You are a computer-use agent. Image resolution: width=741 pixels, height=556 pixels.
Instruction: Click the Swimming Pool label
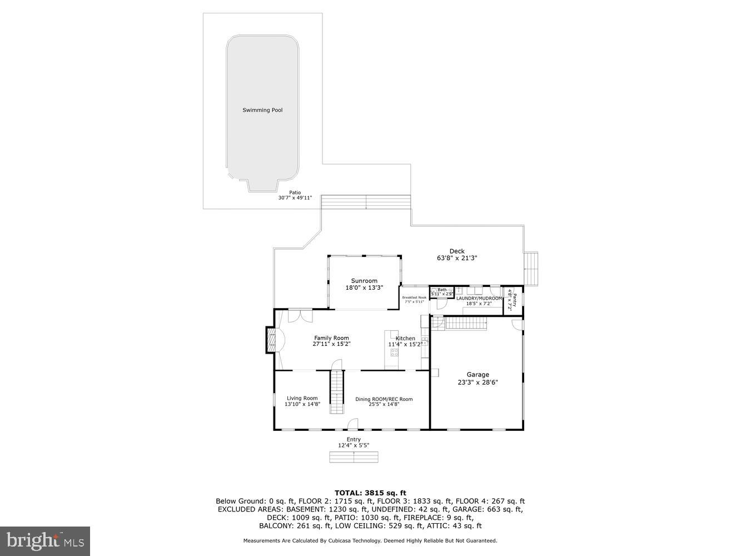coord(262,110)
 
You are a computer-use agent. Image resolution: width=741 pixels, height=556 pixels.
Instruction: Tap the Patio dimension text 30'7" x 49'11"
coord(295,198)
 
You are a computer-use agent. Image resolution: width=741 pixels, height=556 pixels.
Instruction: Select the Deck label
coord(457,251)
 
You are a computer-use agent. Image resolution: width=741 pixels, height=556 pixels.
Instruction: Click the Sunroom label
coord(364,281)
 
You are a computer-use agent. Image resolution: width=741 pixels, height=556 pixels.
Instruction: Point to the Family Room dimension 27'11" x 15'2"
coord(331,344)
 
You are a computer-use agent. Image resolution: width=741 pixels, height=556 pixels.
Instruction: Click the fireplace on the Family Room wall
coord(271,341)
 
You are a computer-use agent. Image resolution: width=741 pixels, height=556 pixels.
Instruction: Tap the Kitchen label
coord(405,338)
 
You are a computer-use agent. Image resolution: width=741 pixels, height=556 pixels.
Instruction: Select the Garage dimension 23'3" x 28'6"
coord(478,382)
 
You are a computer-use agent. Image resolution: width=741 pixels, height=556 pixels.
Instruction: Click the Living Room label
coord(302,398)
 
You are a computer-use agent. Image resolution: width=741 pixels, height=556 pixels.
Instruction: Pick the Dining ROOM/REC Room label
coord(384,399)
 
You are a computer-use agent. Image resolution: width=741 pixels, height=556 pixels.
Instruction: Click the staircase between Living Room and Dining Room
coord(337,393)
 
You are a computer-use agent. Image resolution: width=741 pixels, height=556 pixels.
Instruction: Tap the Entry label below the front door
coord(354,439)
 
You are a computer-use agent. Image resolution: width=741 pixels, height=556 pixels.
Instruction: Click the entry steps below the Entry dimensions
coord(354,457)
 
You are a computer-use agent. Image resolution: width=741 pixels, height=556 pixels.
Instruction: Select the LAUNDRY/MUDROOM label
coord(479,299)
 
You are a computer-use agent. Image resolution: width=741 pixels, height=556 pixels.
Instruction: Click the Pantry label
coord(515,300)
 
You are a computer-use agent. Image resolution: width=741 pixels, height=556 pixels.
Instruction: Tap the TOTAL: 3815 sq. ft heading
coord(370,493)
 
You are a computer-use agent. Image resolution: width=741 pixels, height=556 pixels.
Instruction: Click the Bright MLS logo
coord(46,540)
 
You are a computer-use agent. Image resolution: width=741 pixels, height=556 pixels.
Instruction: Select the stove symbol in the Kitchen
coord(395,352)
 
